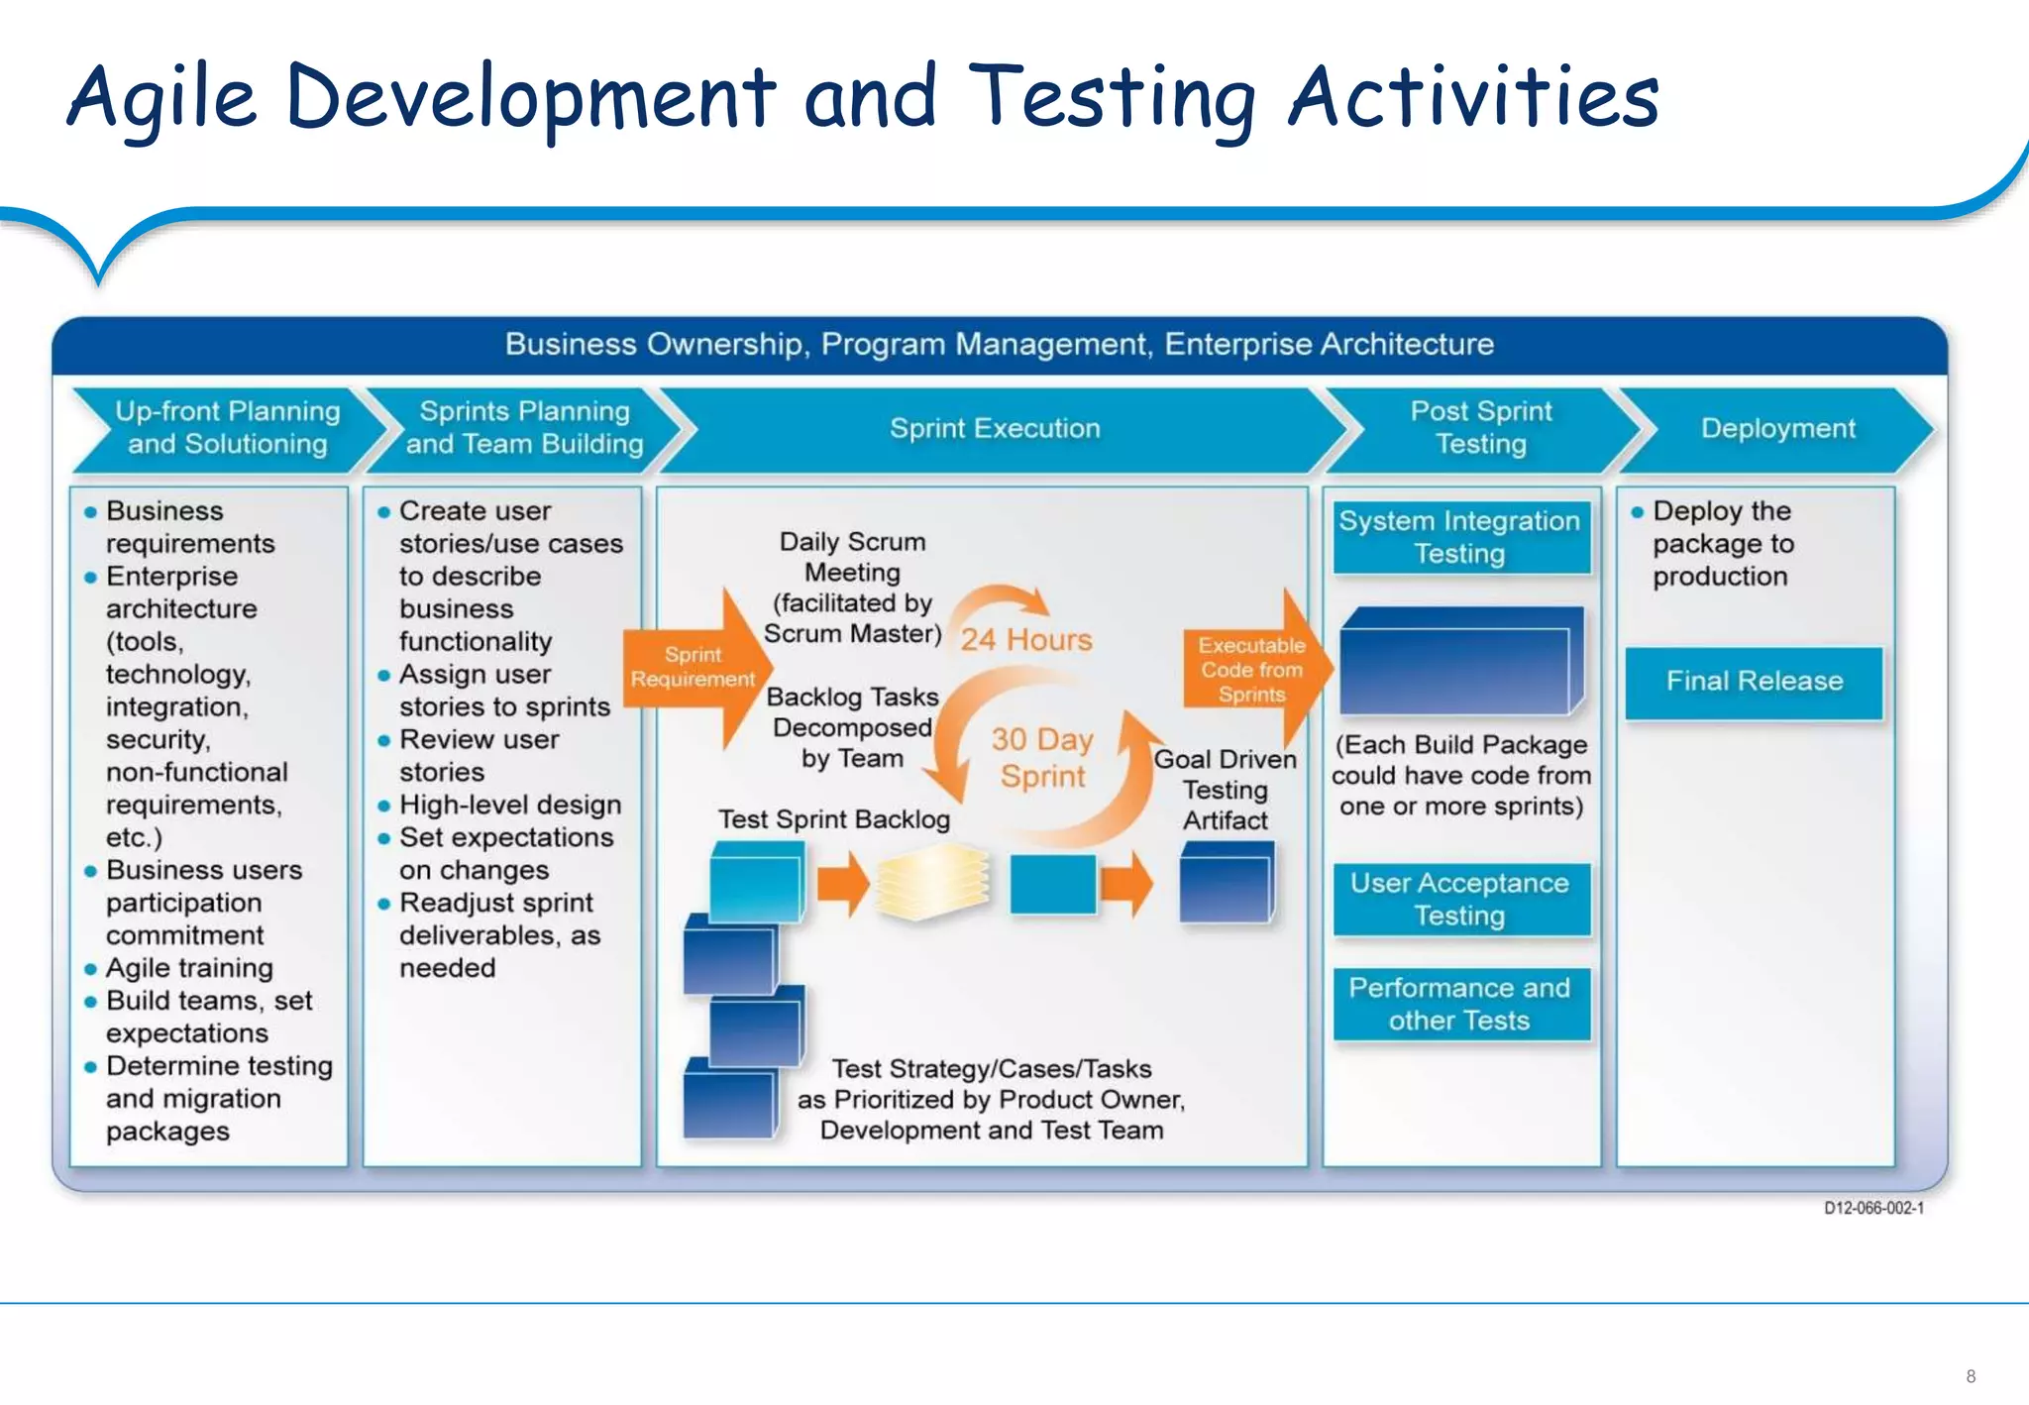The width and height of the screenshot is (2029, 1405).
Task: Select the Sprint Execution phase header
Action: coord(995,428)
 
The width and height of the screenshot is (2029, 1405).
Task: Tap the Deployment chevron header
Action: coord(1777,428)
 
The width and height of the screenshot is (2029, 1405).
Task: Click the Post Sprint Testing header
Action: coord(1480,427)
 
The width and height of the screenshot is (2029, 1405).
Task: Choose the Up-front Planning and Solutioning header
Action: coord(227,427)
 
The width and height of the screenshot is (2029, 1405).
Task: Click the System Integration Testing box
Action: coord(1459,537)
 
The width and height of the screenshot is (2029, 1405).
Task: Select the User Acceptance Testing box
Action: coord(1459,899)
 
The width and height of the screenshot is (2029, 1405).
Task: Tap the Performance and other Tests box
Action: coord(1459,1004)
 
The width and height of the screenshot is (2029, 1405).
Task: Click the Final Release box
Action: coord(1754,682)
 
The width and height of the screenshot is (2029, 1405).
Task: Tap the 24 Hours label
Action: coord(1026,640)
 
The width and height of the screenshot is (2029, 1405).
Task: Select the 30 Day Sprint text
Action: coord(1042,758)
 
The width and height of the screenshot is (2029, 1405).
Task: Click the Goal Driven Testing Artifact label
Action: coord(1225,790)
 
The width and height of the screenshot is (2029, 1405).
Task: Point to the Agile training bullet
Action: coord(189,968)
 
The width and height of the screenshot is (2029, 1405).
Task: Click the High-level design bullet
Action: coord(509,805)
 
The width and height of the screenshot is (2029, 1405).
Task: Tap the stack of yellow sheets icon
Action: coord(932,881)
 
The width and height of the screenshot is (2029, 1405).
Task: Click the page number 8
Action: coord(1971,1376)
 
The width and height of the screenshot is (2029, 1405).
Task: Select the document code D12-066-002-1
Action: coord(1873,1208)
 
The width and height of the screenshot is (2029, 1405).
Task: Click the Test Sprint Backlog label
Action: coord(833,819)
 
